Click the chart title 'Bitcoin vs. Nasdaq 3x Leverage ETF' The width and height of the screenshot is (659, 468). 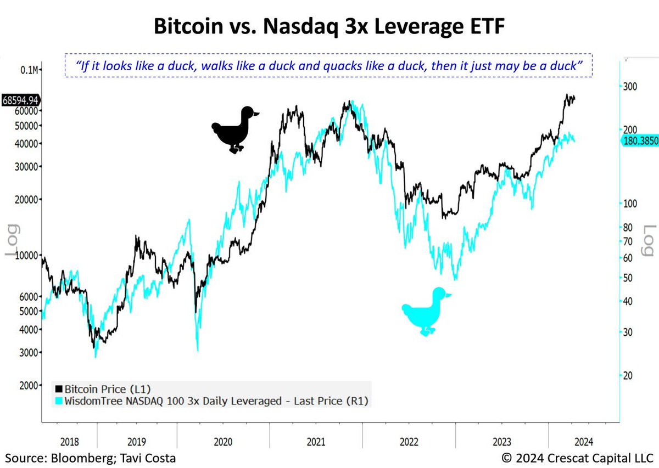pos(328,26)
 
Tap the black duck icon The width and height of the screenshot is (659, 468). pos(233,129)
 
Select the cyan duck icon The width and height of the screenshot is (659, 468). pos(425,311)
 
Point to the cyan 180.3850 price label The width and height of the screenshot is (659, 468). pos(639,142)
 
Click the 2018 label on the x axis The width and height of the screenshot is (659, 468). pos(70,442)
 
